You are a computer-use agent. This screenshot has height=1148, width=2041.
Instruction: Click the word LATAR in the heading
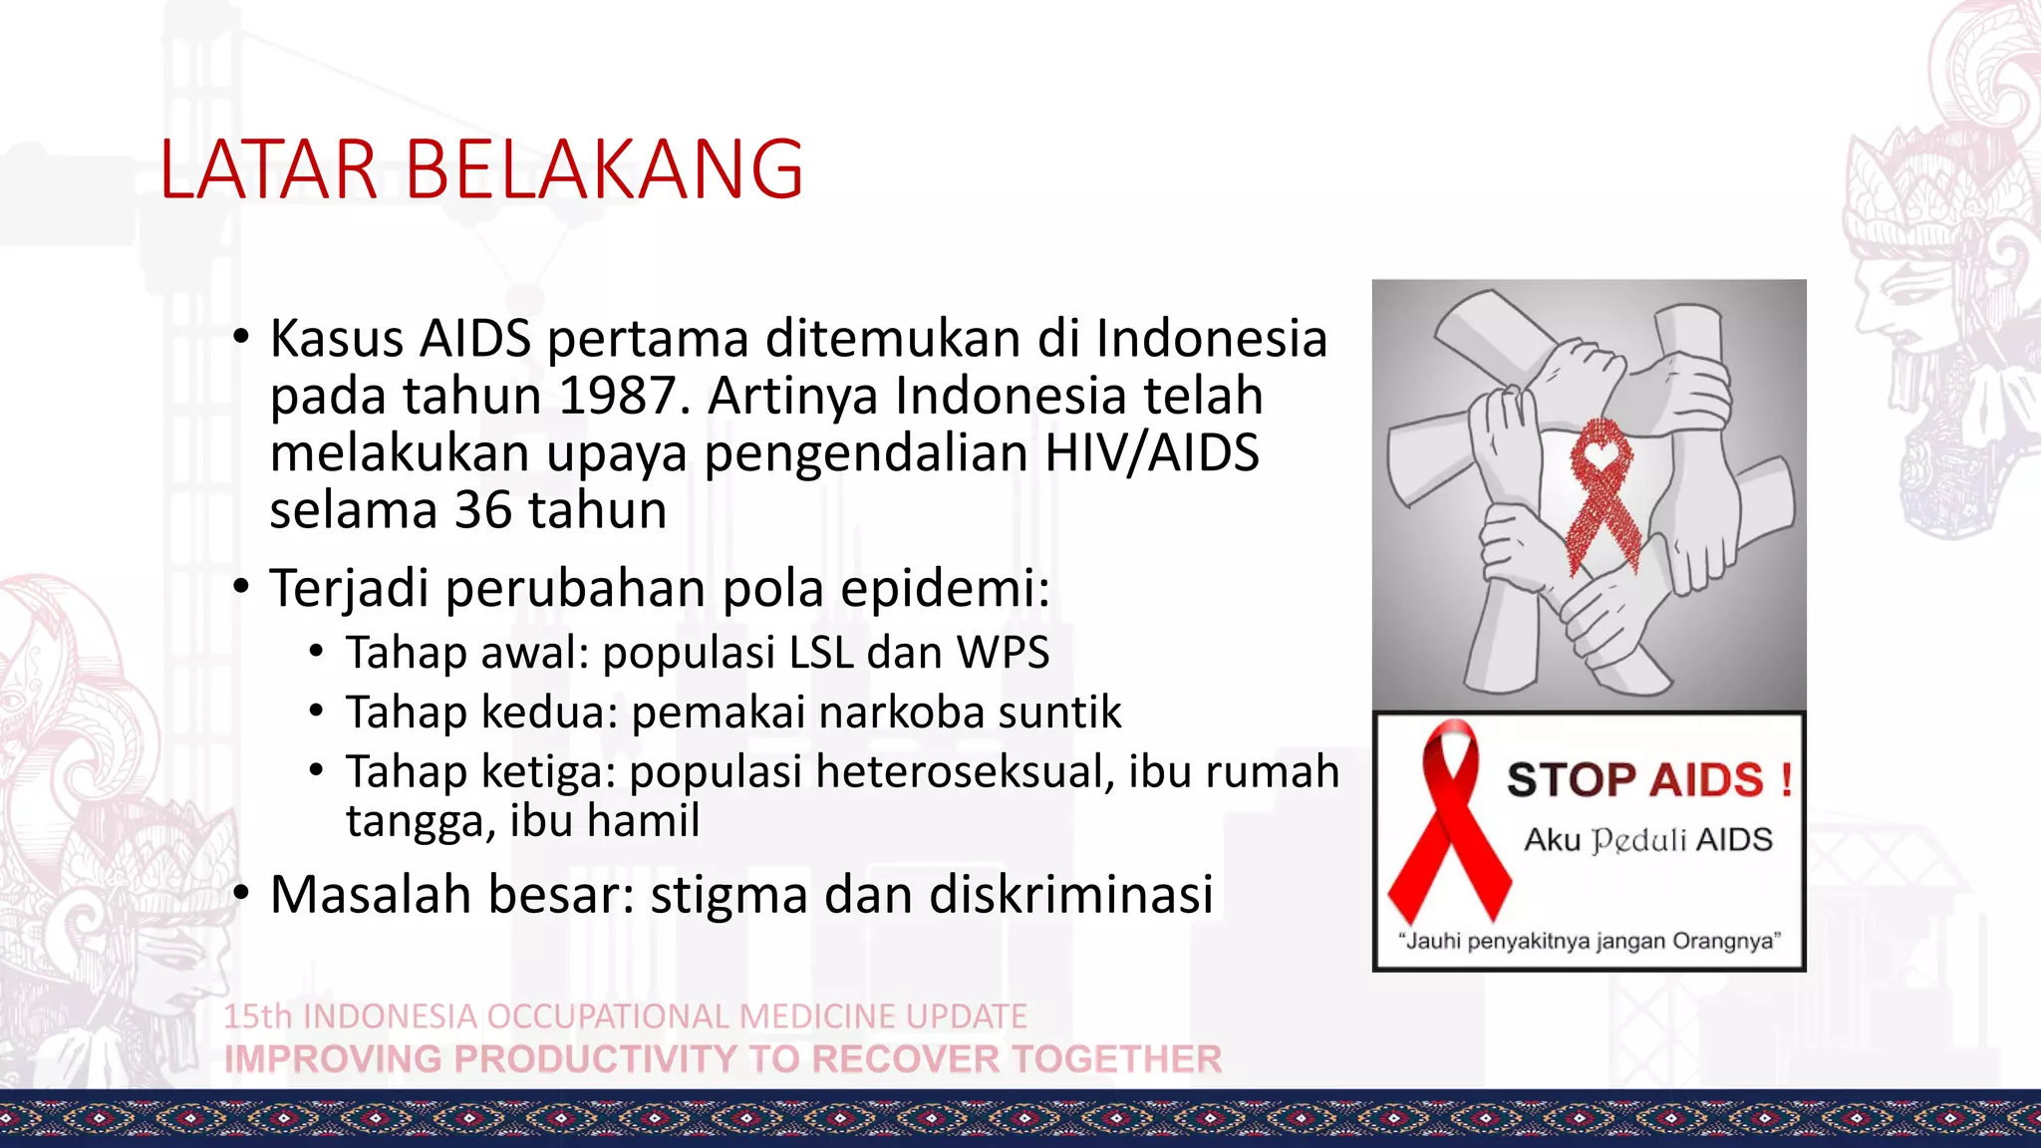click(x=267, y=169)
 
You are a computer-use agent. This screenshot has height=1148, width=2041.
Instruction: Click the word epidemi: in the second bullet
click(x=945, y=588)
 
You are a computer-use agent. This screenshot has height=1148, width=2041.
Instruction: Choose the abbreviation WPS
click(x=1003, y=653)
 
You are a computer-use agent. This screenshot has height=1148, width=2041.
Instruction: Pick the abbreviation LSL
click(x=821, y=653)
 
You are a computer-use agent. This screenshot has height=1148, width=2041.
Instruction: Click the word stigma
click(x=729, y=894)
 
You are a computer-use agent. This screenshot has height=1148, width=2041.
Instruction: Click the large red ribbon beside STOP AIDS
click(x=1450, y=822)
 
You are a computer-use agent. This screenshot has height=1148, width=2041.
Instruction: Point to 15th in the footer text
click(x=257, y=1016)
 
